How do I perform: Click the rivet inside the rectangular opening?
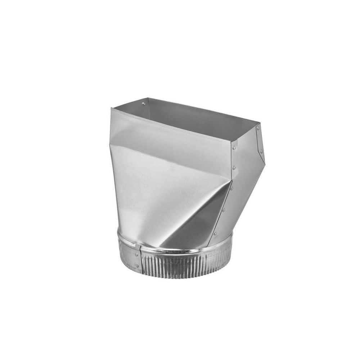pyautogui.click(x=144, y=104)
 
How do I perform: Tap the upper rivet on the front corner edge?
pyautogui.click(x=234, y=148)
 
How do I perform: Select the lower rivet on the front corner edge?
pyautogui.click(x=234, y=167)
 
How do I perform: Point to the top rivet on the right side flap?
pyautogui.click(x=258, y=129)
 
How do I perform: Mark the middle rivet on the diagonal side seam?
pyautogui.click(x=223, y=210)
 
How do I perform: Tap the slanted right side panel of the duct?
pyautogui.click(x=247, y=173)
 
